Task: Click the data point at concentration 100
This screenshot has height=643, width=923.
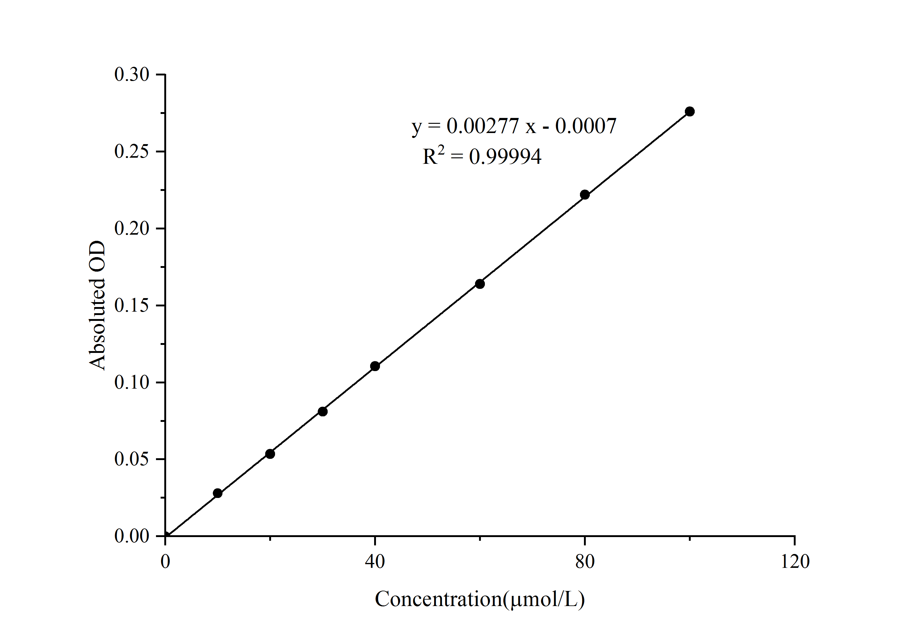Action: point(689,111)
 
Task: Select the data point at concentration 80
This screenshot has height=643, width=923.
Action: point(585,195)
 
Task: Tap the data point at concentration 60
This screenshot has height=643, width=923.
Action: point(480,284)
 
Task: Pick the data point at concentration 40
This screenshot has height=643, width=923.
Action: point(375,366)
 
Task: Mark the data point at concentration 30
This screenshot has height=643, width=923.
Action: point(322,412)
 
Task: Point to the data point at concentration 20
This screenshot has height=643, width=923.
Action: point(270,454)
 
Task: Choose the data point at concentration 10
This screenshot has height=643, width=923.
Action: point(218,493)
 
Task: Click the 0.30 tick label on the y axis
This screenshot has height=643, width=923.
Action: point(131,75)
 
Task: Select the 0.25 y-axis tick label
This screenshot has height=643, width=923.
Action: point(131,152)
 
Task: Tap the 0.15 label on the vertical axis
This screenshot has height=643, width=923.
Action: point(131,305)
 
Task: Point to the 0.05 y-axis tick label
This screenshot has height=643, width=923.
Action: point(131,459)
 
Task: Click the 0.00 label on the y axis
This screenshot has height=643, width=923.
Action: point(131,536)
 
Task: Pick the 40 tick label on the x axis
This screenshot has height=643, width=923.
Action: point(375,562)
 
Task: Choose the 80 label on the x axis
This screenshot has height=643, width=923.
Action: point(585,562)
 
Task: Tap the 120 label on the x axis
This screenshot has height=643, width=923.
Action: point(795,562)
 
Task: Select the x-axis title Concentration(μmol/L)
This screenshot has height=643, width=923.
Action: point(480,599)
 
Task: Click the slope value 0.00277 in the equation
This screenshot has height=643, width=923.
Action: point(482,126)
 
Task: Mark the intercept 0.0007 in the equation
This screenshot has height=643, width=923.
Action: point(586,126)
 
